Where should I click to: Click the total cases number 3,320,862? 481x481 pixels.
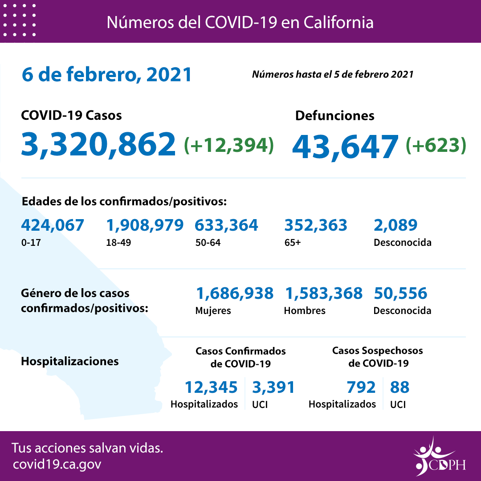point(98,144)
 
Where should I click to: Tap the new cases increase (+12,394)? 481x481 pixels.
point(229,144)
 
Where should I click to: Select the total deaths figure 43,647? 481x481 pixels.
point(345,146)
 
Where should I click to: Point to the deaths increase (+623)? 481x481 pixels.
point(436,145)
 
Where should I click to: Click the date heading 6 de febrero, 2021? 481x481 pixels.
point(106,75)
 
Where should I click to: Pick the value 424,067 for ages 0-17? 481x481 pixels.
point(53,225)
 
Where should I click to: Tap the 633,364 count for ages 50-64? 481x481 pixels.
point(226,225)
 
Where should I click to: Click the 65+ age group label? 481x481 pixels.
point(292,243)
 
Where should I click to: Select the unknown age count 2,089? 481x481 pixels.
point(395,225)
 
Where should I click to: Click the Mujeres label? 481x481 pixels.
point(213,311)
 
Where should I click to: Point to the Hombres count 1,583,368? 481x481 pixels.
point(323,293)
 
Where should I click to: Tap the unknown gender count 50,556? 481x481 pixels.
point(400,293)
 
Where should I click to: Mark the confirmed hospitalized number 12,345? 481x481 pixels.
point(211,387)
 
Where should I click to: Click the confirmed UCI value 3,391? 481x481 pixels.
point(273,387)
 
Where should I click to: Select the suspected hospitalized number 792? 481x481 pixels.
point(361,387)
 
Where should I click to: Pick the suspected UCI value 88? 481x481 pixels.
point(399,387)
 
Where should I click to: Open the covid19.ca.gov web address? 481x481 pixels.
point(57,465)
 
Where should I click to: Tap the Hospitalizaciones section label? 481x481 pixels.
point(70,361)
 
